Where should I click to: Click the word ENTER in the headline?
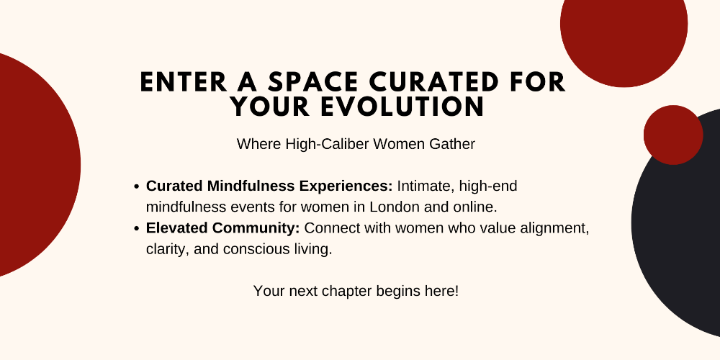click(184, 83)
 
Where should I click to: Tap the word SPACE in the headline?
click(312, 83)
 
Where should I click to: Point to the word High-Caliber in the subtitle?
click(328, 144)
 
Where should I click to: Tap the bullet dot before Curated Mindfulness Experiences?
click(136, 187)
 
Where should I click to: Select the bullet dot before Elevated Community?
click(136, 228)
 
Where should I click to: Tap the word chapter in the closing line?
click(347, 291)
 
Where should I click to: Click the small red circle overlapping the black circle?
click(673, 135)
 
